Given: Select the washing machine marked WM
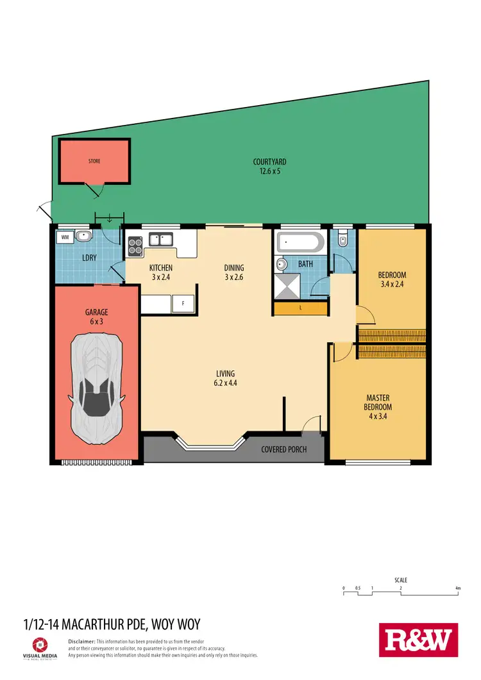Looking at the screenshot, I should pos(65,237).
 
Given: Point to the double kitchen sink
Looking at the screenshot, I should pos(161,240).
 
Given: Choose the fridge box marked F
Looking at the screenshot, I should pos(183,304).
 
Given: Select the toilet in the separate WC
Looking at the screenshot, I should pos(343,241).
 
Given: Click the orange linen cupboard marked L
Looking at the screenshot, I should pos(301,308).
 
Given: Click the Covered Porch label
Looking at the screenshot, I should pos(283,449).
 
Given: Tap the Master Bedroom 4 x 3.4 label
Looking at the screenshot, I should pos(378,406).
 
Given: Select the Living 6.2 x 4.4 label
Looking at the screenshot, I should pos(225,378).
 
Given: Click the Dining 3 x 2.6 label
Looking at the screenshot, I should pos(233,272).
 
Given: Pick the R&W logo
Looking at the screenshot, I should pos(419,640).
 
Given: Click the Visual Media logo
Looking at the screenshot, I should pos(39,646).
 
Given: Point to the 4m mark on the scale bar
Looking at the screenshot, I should pos(457,588).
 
